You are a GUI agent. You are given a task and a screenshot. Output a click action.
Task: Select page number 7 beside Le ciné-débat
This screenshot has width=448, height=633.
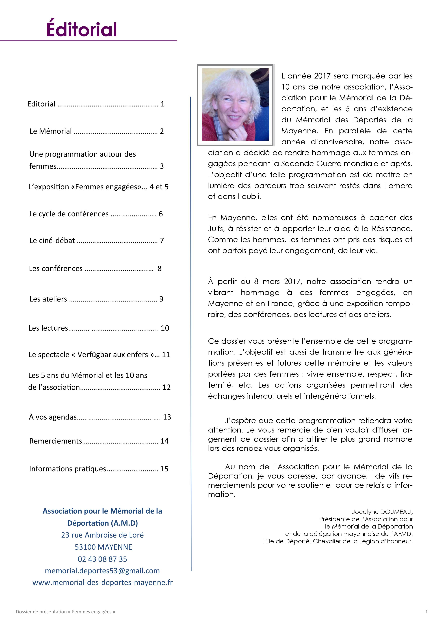(162, 241)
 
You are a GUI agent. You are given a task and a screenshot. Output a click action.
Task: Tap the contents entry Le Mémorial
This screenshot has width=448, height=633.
(51, 131)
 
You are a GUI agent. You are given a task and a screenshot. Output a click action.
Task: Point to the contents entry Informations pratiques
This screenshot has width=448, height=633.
(68, 469)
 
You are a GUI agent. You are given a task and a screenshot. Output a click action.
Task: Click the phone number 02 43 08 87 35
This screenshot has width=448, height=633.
(102, 559)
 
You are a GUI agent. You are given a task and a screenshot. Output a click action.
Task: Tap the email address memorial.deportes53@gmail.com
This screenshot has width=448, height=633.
(102, 571)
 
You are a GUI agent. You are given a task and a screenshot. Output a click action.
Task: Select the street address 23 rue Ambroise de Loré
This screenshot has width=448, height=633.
(102, 535)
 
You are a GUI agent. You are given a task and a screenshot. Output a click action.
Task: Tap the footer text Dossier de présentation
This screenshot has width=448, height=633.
(41, 612)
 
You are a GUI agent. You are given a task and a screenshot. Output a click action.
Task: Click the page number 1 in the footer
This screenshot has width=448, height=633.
(427, 612)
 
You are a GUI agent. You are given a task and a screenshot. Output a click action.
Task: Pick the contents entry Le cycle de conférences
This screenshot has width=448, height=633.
(69, 214)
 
